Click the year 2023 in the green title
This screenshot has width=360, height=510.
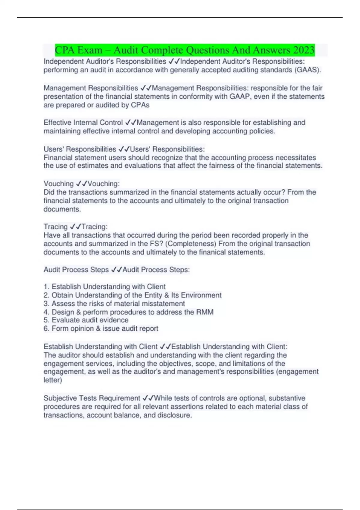click(x=304, y=50)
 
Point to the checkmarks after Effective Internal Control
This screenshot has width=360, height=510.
click(x=130, y=122)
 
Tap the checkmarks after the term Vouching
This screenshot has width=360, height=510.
click(x=81, y=184)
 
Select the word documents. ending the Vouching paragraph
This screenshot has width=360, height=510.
click(x=62, y=209)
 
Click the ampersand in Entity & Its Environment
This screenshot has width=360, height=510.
click(x=166, y=295)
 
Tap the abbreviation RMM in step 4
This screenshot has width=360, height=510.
click(x=205, y=312)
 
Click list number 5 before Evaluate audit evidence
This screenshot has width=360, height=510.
click(x=46, y=320)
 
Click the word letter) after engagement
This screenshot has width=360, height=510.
click(x=53, y=380)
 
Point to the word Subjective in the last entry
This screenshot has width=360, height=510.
click(x=60, y=398)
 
